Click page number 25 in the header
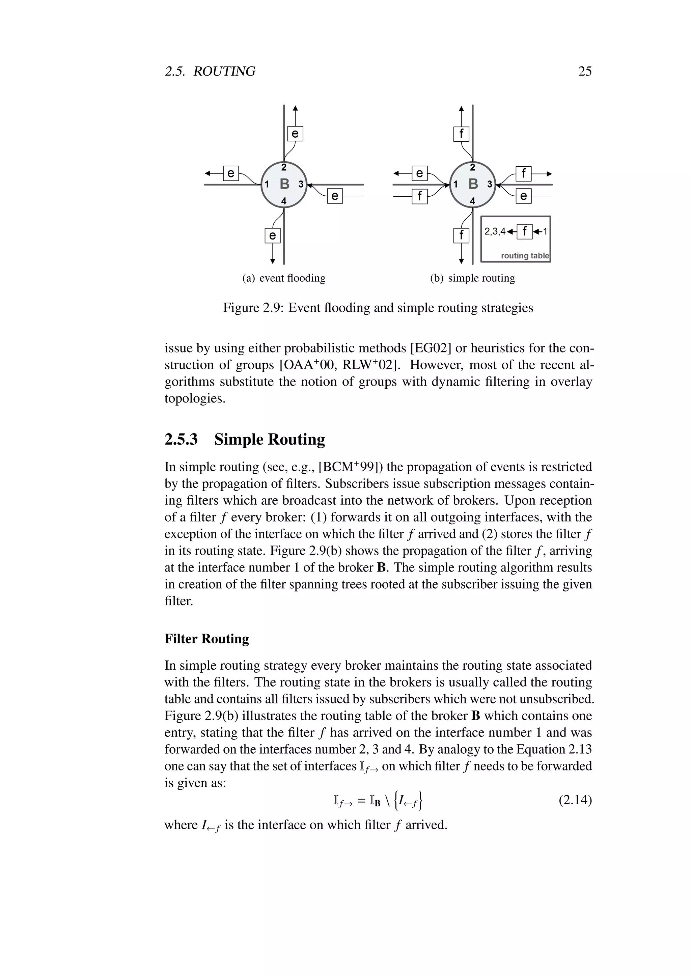click(585, 71)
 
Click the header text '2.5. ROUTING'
click(210, 71)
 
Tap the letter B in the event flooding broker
click(284, 184)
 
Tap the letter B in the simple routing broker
click(473, 184)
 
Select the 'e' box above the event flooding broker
click(295, 134)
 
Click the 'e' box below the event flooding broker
click(272, 235)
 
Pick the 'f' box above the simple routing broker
click(461, 134)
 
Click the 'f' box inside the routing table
click(525, 231)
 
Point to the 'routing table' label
click(525, 256)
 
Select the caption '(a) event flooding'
click(284, 278)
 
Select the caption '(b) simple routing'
click(472, 278)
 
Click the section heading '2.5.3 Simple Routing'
click(245, 439)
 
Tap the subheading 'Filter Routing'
click(207, 639)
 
